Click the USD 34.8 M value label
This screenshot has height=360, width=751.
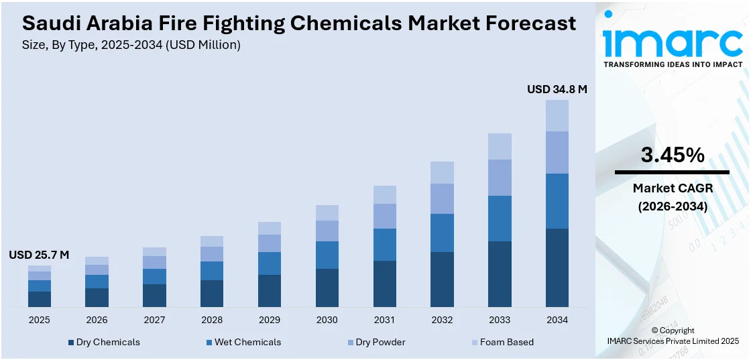coord(557,89)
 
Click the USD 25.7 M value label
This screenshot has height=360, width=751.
coord(39,255)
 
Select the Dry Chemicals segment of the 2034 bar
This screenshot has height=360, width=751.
coord(557,267)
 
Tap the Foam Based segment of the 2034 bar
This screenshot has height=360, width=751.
coord(557,115)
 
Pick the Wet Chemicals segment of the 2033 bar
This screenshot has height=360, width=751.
coord(500,219)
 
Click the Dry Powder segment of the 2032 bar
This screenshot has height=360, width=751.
coord(442,198)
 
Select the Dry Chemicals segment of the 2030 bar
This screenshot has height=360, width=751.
coord(327,288)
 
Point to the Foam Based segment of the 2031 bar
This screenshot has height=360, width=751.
coord(384,194)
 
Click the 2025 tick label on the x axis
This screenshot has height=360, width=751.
coord(39,320)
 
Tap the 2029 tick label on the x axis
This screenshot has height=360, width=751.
coord(269,320)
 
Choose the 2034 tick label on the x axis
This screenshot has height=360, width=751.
coord(557,320)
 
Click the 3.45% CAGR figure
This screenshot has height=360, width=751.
coord(673,156)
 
